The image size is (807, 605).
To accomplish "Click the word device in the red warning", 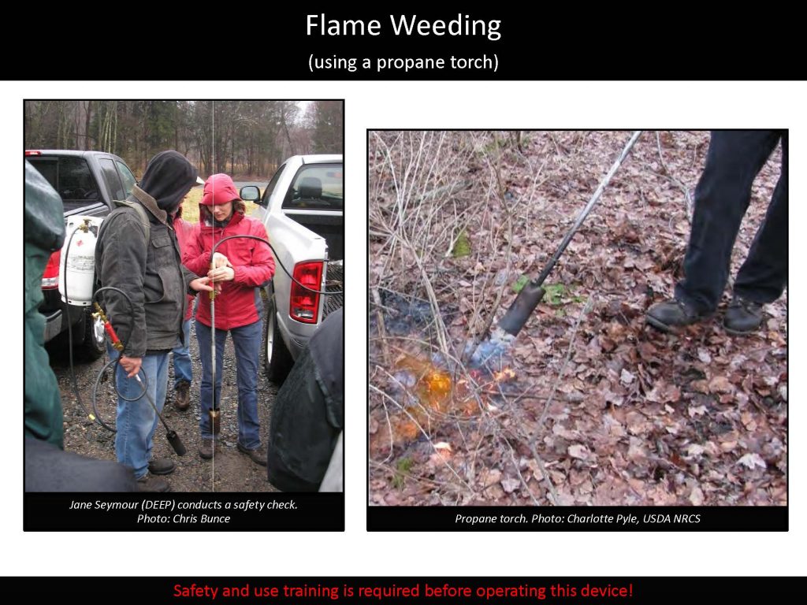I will click(609, 590).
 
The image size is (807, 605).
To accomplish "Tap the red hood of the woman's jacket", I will click(220, 189).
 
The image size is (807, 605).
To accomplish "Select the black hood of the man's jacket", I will click(170, 177).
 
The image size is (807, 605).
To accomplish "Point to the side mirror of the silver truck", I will click(251, 193).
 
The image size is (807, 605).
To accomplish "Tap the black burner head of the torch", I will click(520, 308).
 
